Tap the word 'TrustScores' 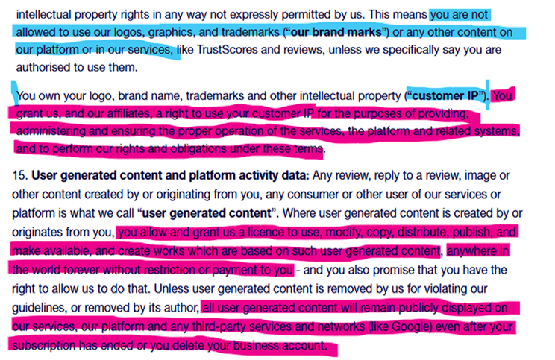pyautogui.click(x=227, y=49)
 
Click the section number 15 pyautogui.click(x=20, y=175)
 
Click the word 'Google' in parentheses pyautogui.click(x=410, y=326)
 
